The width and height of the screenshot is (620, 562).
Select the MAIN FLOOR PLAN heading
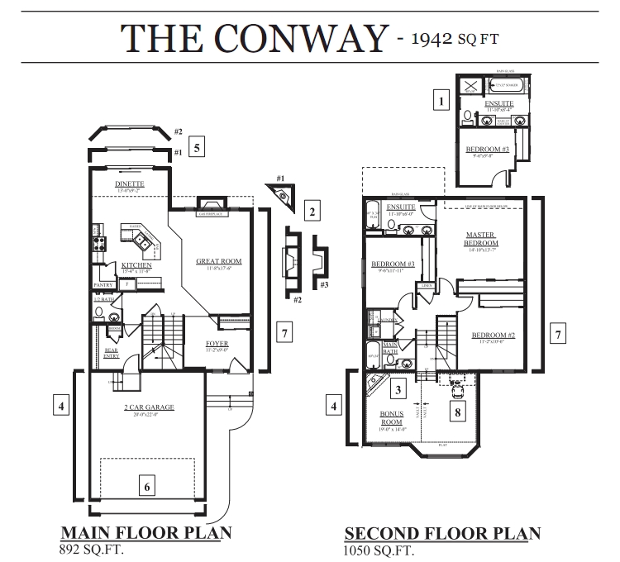tap(145, 533)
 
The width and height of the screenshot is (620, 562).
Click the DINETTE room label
tap(130, 183)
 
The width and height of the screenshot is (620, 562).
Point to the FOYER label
tap(217, 343)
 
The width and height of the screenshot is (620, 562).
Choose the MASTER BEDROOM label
tap(481, 239)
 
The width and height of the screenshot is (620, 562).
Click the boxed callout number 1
tap(442, 102)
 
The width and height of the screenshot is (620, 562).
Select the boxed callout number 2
tap(312, 212)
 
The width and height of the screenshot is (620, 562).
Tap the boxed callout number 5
tap(196, 148)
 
